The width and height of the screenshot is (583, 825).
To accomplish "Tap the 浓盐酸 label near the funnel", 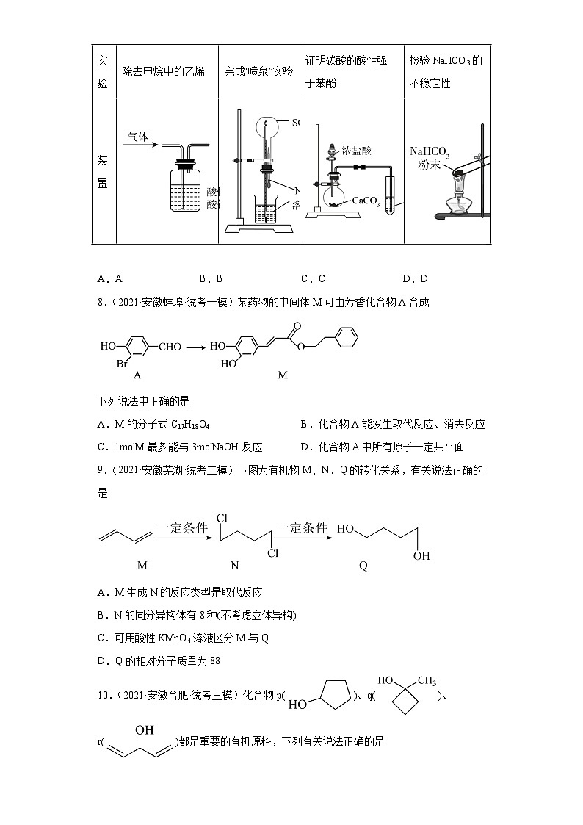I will point(357,151).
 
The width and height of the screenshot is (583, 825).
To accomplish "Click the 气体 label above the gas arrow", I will point(137,137).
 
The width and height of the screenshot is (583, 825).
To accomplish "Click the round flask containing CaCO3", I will point(335,196).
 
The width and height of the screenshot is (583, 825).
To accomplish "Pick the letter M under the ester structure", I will point(283,375).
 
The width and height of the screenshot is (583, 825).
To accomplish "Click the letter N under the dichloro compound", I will point(235,566).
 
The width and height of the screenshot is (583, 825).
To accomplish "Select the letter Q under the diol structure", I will point(363,566).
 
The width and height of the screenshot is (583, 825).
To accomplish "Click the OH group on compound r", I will point(144,729).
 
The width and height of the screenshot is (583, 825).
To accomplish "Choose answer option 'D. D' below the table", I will point(415,278).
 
